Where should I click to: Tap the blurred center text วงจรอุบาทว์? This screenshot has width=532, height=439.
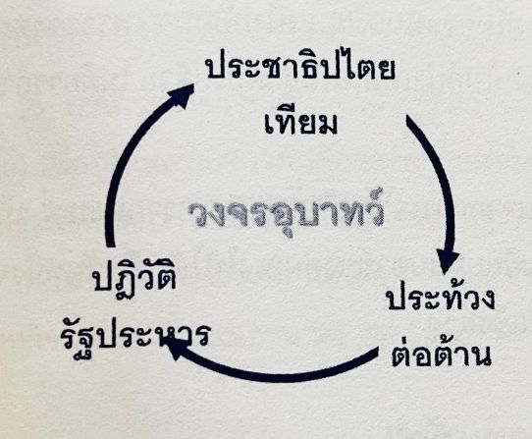[286, 213]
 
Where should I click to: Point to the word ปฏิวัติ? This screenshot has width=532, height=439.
[135, 281]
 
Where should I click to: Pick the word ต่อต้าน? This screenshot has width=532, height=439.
[441, 354]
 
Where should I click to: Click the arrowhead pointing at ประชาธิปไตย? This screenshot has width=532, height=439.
[183, 95]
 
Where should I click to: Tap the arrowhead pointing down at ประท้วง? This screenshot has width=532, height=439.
[448, 262]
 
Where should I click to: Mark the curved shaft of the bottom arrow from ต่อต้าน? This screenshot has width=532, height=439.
[272, 376]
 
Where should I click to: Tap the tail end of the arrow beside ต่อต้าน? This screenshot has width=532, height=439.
[376, 352]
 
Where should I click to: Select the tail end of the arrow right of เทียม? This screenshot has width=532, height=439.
[409, 118]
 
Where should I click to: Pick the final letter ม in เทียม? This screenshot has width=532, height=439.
[328, 124]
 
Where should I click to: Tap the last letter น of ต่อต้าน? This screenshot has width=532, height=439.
[480, 356]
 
